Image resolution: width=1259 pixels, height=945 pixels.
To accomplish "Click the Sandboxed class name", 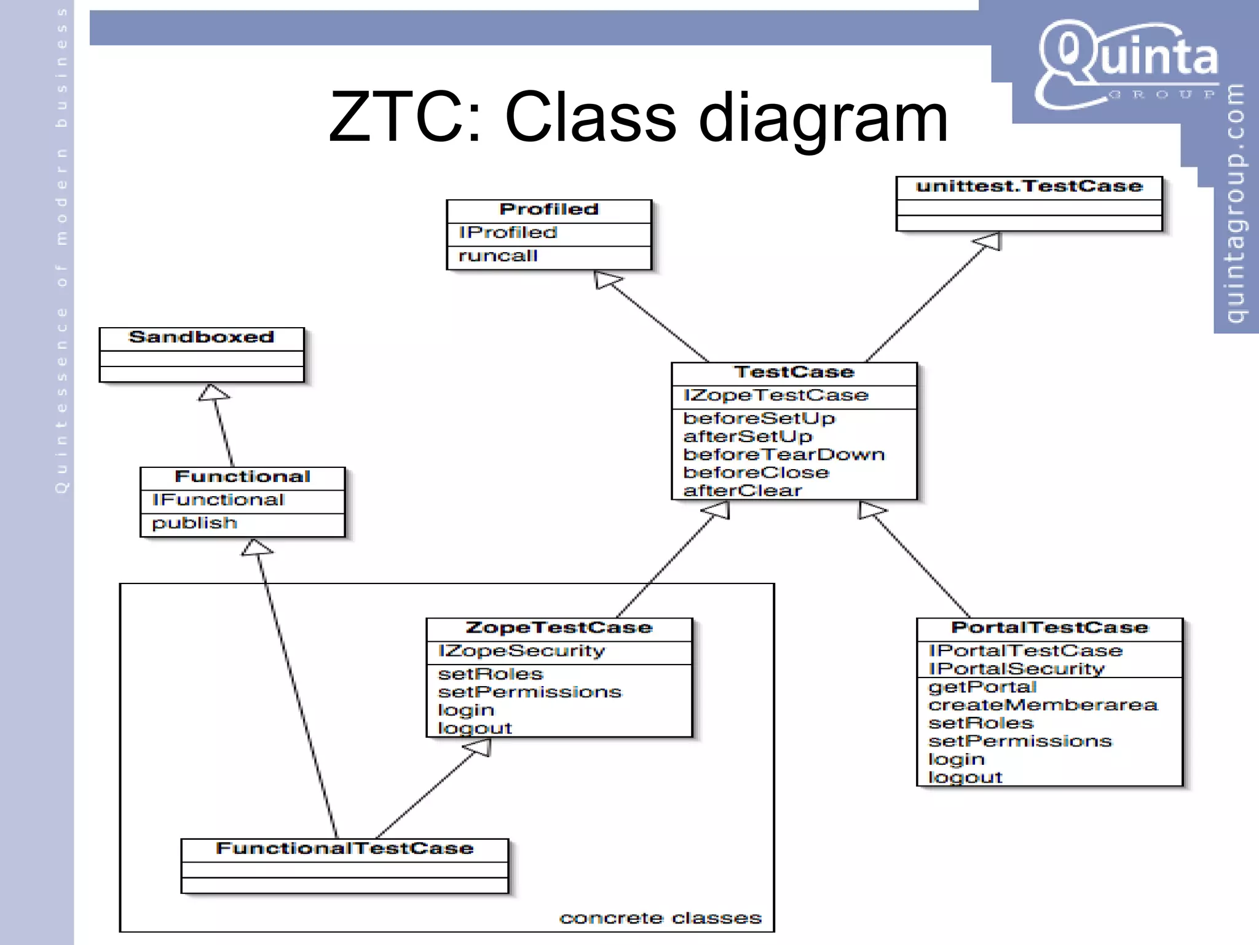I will click(x=201, y=338).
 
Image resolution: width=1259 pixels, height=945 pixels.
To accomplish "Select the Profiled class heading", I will click(x=548, y=210).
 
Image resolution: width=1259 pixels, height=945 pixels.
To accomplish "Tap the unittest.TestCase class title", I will click(x=1028, y=186).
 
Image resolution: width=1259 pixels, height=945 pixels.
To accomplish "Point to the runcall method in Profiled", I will click(x=498, y=256).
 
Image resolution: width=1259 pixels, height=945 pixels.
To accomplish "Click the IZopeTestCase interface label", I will click(x=776, y=395).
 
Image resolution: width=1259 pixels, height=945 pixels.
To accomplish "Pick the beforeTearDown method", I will click(x=784, y=455).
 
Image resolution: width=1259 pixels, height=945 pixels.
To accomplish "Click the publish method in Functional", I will click(x=194, y=523).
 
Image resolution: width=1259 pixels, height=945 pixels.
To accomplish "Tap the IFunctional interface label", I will click(x=218, y=500).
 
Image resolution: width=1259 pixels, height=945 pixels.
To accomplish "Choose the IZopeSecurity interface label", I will click(x=521, y=651).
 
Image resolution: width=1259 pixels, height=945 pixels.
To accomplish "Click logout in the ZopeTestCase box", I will click(x=475, y=729).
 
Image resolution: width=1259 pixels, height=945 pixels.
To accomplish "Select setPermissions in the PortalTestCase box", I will click(x=1020, y=741).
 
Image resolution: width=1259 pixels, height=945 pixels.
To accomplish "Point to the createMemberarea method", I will click(x=1043, y=705).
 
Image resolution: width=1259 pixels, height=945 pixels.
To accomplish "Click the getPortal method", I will click(x=982, y=687).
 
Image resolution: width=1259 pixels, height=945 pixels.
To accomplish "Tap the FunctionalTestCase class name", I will click(x=345, y=849).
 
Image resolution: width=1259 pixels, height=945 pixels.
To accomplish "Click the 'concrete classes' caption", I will click(x=660, y=919).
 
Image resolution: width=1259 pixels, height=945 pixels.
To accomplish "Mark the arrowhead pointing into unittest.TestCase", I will click(x=989, y=240).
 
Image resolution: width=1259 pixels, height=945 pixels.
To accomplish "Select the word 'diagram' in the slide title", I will click(x=823, y=117).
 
